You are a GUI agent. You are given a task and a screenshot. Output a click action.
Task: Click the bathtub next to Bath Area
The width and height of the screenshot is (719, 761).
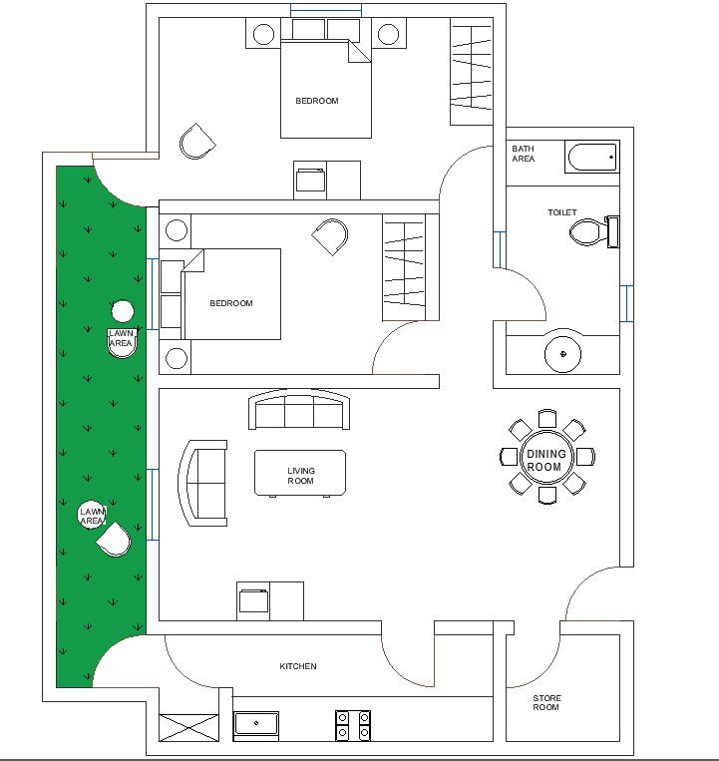tap(591, 158)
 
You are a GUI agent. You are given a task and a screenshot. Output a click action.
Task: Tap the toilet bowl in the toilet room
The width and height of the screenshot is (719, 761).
tap(588, 233)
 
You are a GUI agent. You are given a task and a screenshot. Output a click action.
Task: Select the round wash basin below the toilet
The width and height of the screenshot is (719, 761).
tap(563, 353)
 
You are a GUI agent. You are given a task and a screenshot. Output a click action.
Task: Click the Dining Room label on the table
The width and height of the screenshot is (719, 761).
tap(545, 461)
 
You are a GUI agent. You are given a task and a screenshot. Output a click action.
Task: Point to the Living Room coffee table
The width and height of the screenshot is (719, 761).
tap(300, 473)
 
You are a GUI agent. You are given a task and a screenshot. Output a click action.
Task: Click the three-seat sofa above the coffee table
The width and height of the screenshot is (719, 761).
tap(300, 411)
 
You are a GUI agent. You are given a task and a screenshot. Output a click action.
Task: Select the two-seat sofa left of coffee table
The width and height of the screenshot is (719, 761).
tap(202, 482)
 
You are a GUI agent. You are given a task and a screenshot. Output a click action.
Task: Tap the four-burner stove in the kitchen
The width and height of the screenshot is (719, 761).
tap(352, 725)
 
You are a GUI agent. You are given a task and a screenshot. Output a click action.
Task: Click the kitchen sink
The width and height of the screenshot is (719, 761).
tap(257, 725)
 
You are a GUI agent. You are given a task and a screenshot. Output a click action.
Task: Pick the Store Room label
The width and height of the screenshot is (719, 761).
tap(545, 702)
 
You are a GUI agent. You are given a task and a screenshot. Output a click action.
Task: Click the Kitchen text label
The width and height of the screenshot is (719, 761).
tap(297, 666)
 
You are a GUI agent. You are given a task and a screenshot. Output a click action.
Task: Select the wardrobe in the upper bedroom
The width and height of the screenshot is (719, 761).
tap(471, 72)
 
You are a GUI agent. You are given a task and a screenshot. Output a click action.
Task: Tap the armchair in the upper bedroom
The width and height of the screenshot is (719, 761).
tap(197, 142)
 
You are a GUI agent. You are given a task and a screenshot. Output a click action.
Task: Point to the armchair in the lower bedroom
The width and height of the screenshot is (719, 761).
tap(330, 237)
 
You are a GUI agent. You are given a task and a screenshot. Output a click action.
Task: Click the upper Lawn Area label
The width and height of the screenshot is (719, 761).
tap(121, 338)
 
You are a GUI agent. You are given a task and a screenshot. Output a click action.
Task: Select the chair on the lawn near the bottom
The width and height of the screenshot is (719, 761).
tap(115, 540)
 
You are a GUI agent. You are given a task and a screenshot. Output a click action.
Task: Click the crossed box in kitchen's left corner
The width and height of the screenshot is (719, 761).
tap(187, 726)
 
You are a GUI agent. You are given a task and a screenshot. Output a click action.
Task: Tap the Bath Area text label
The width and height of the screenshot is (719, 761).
tap(524, 154)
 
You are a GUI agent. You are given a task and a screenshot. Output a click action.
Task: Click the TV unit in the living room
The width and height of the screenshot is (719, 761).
tap(269, 600)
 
